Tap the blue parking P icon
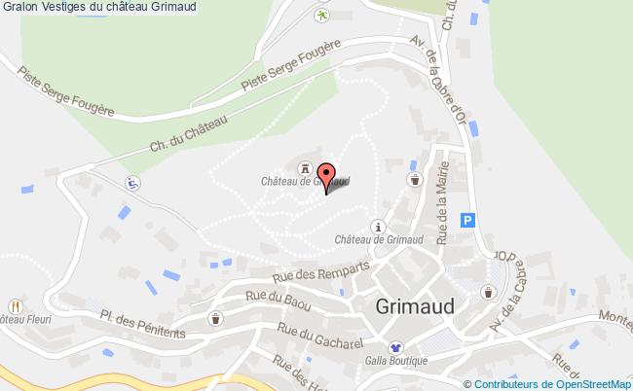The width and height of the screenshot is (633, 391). click(x=469, y=221)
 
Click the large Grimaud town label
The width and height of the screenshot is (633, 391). click(x=414, y=305)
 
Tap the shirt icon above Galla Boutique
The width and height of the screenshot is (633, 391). click(x=395, y=346)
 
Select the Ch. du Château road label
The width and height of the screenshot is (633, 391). click(x=189, y=133)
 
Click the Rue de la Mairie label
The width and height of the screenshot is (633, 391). click(x=443, y=213)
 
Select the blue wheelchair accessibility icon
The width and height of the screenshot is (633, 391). click(x=130, y=182)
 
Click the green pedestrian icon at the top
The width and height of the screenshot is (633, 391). click(x=321, y=15)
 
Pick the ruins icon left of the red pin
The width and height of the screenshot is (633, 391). click(x=305, y=166)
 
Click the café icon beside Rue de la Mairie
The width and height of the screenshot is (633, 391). click(x=415, y=180)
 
